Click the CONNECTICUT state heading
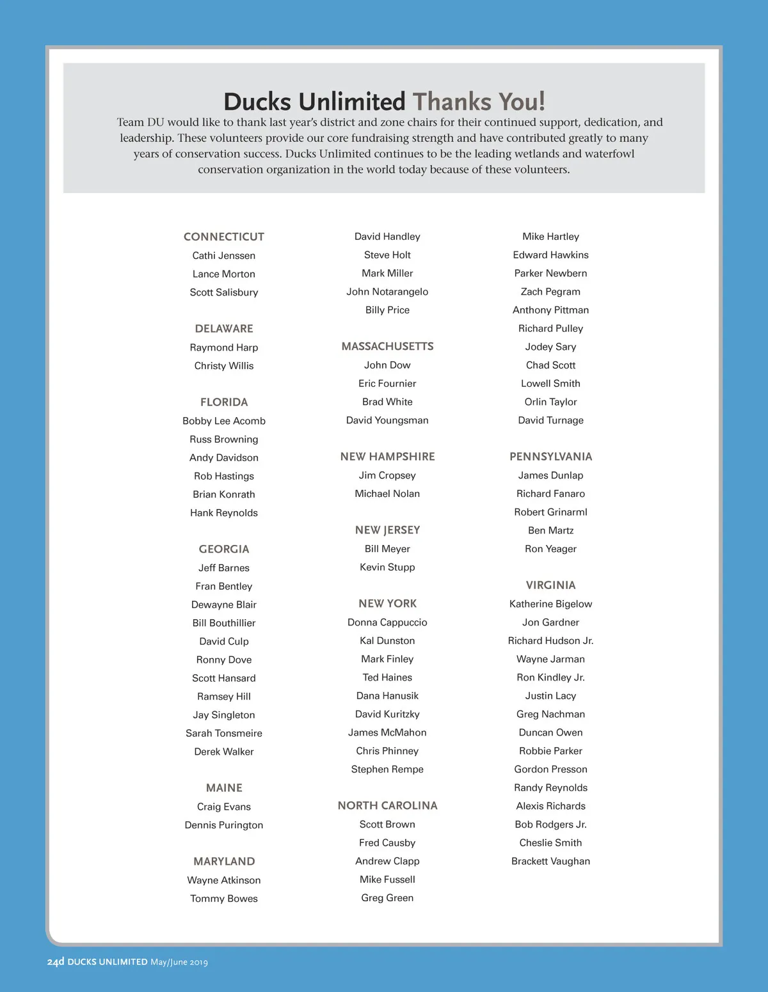tap(223, 237)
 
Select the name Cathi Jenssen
tap(223, 255)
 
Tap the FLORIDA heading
tap(223, 402)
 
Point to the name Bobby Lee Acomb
tap(223, 421)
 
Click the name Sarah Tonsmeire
tap(223, 733)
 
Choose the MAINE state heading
tap(223, 788)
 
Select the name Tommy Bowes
tap(223, 899)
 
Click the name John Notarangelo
tap(387, 292)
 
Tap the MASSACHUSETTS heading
tap(387, 347)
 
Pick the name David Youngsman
tap(387, 420)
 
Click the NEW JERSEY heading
tap(387, 530)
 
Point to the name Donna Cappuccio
tap(387, 622)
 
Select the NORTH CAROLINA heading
tap(387, 806)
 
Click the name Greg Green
tap(387, 898)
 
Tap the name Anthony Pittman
tap(550, 310)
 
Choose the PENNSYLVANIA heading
tap(550, 457)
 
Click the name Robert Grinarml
tap(550, 512)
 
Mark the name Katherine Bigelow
tap(550, 604)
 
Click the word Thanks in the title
tap(451, 102)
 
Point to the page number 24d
tap(56, 962)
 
